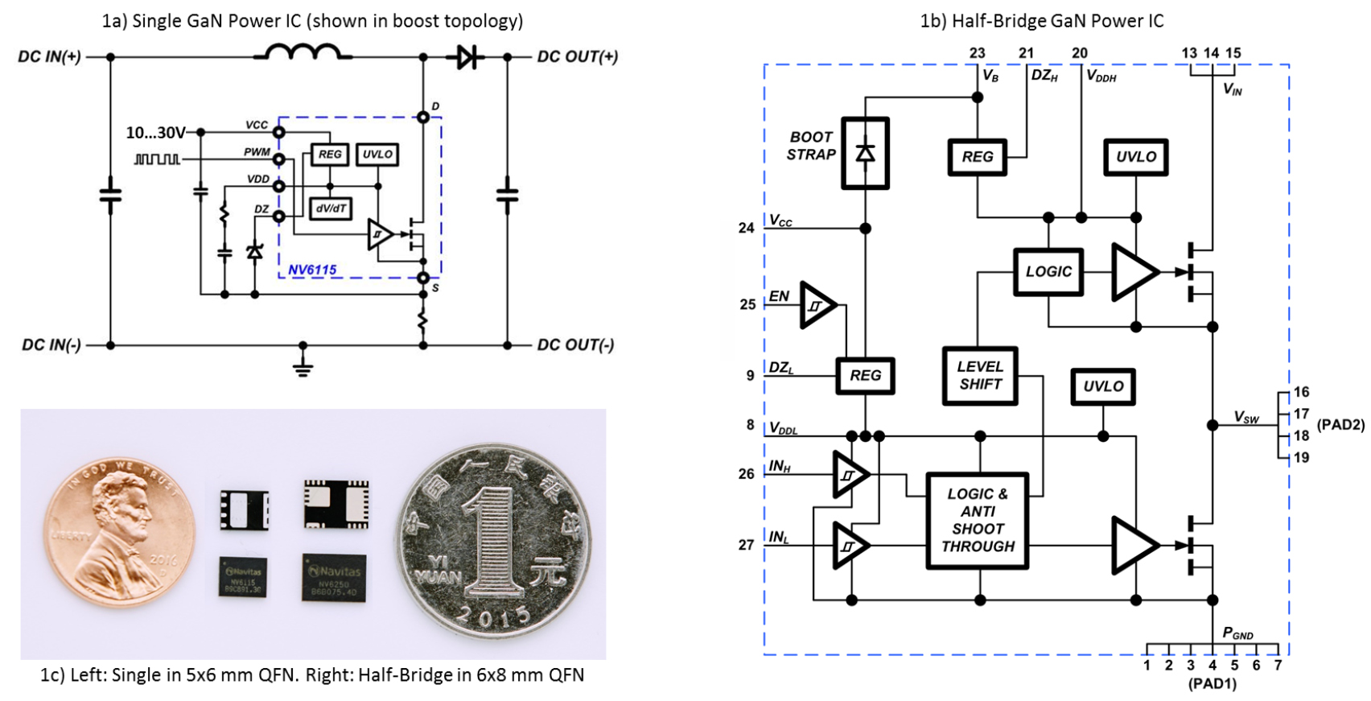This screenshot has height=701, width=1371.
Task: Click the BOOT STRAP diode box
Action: point(865,154)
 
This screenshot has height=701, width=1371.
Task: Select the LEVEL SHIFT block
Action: point(979,375)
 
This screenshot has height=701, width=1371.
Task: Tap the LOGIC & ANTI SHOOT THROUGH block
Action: point(978,521)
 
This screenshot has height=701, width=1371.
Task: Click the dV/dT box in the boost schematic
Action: point(331,208)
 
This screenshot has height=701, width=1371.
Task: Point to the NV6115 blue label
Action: point(312,270)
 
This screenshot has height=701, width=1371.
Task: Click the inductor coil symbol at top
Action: point(303,52)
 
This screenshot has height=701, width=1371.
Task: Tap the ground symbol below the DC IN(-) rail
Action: point(303,366)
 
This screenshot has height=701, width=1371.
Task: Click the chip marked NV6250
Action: point(334,577)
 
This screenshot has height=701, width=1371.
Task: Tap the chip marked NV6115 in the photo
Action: point(243,577)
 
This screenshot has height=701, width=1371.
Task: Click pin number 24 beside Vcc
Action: point(747,229)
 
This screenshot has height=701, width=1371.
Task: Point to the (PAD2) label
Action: point(1340,425)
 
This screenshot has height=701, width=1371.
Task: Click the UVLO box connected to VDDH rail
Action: point(1135,157)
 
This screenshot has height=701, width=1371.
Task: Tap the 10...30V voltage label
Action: point(155,133)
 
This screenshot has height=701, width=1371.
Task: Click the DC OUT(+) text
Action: point(577,56)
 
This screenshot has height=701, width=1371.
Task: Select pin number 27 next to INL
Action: point(747,545)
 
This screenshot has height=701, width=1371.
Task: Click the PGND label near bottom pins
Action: point(1237,633)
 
